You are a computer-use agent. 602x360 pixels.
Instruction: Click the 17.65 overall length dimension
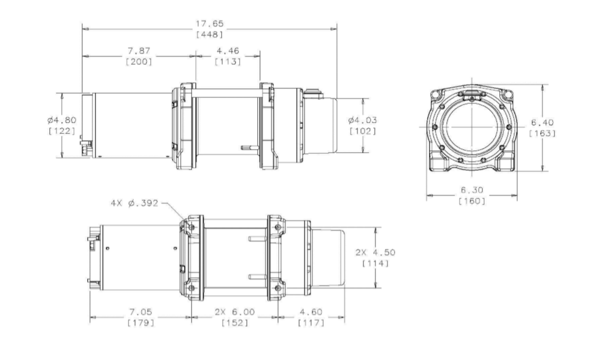pos(209,24)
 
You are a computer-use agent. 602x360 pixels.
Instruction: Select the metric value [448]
pos(209,35)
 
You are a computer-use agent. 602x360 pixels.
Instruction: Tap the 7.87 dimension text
pos(139,50)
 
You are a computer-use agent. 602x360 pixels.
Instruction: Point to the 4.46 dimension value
pos(228,50)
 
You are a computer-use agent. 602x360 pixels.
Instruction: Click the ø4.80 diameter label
pos(62,120)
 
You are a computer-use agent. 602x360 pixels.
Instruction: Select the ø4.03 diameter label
pos(363,120)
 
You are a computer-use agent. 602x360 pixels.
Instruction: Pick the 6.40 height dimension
pos(543,123)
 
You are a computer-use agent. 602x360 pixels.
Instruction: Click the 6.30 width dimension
pos(472,190)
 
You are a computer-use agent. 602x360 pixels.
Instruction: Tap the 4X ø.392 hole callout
pos(135,203)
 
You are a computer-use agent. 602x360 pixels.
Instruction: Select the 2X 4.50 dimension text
pos(375,252)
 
